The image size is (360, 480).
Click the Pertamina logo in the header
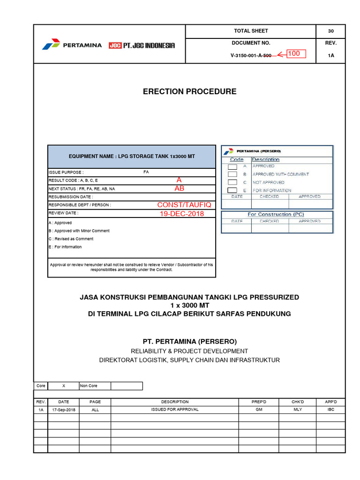coord(72,45)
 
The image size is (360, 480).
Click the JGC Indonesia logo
coord(142,45)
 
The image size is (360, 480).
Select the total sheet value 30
coord(330,31)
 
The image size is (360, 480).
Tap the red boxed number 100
coord(294,54)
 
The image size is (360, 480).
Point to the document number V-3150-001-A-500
coord(251,55)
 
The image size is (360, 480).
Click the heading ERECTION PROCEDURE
coord(189,91)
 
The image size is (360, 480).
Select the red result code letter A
coord(179,180)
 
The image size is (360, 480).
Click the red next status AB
coord(180,188)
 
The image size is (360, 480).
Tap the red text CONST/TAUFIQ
coord(184,205)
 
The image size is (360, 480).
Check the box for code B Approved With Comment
coord(232,174)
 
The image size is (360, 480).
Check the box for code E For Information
coord(232,190)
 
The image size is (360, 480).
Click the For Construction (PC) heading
coord(276,214)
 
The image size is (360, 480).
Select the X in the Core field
coord(64,386)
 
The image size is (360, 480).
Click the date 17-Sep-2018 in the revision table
coord(63,409)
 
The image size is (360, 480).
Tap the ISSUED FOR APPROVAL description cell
coord(175,409)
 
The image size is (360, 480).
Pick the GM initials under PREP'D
coord(259,409)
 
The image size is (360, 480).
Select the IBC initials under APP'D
coord(331,409)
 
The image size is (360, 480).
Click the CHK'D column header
coord(298,402)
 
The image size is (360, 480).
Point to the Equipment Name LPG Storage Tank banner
coord(132,156)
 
